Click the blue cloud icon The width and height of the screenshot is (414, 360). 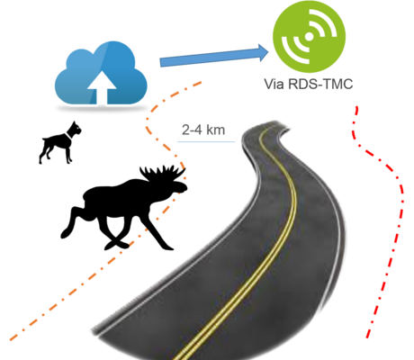[101, 74]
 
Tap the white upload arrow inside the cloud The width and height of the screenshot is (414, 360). [102, 87]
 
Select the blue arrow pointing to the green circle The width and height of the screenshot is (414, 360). [214, 56]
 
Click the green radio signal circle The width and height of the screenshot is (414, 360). [309, 36]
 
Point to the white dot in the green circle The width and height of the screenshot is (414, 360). [309, 36]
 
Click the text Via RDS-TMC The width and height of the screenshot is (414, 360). [309, 84]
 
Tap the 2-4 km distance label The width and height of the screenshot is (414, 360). [203, 130]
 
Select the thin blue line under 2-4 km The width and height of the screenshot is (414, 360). [206, 141]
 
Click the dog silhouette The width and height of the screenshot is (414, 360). [59, 143]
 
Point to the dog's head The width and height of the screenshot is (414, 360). [75, 129]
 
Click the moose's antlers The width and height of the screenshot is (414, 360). [162, 174]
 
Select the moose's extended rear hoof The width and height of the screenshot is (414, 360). [65, 233]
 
